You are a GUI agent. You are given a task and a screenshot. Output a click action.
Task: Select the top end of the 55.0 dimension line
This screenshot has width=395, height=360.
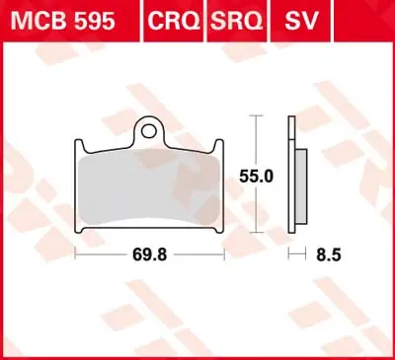click(257, 116)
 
